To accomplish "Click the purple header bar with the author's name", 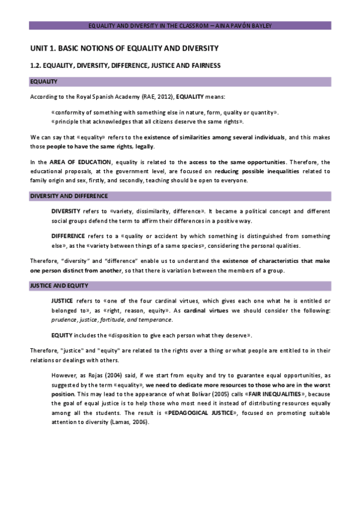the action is (x=180, y=26).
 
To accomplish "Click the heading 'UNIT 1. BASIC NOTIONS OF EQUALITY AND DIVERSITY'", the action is (x=124, y=48).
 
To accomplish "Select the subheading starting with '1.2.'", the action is (x=126, y=65).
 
